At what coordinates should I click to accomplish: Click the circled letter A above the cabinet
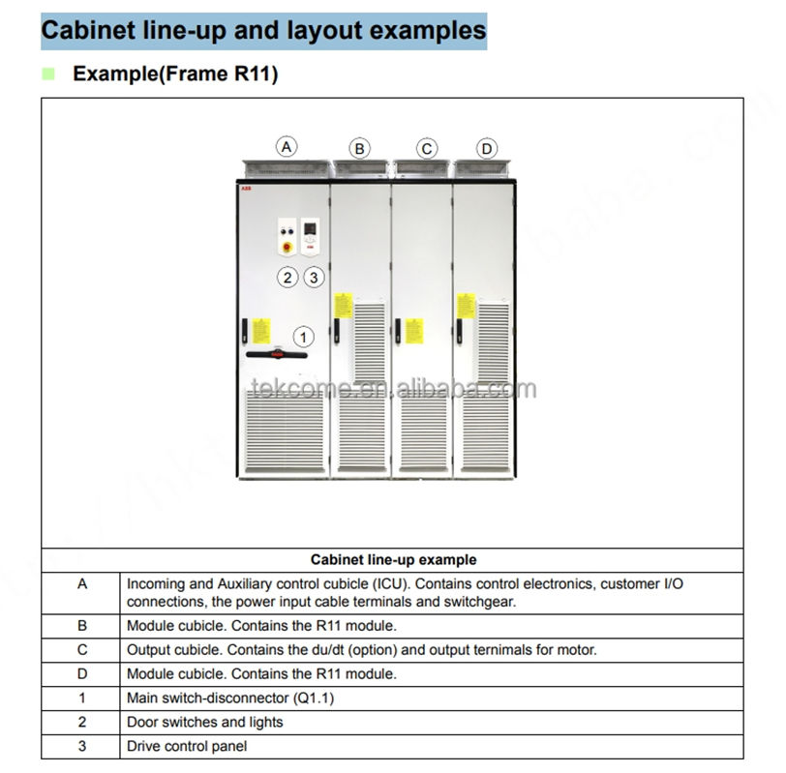click(286, 147)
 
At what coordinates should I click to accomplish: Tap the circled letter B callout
click(359, 148)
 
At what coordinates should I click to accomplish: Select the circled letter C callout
click(426, 148)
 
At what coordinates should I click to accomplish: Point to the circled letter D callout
click(486, 148)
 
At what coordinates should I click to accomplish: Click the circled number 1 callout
click(304, 337)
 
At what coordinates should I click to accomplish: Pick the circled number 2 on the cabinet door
click(287, 277)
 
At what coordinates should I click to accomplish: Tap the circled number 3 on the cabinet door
click(313, 277)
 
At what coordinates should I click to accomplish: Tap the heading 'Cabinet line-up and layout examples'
click(263, 31)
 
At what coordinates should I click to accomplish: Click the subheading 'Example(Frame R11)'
click(175, 74)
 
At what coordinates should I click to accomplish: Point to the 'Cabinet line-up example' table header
click(393, 559)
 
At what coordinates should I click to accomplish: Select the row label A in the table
click(82, 583)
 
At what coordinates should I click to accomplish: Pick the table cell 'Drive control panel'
click(187, 746)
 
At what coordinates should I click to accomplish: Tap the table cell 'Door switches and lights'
click(204, 722)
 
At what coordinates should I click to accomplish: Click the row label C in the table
click(82, 650)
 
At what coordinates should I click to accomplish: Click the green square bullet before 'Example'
click(47, 74)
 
